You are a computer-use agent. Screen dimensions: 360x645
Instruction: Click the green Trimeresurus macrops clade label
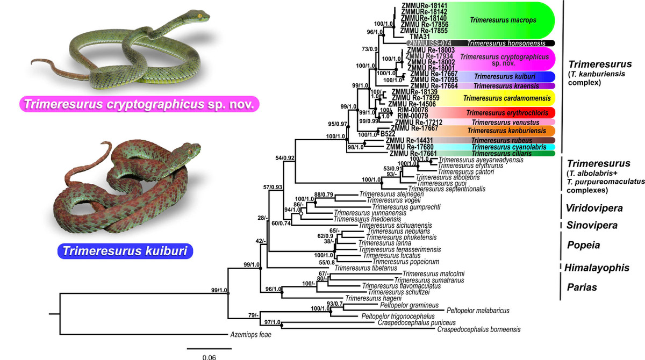coord(496,20)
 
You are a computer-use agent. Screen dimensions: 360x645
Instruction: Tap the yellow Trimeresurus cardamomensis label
coord(501,98)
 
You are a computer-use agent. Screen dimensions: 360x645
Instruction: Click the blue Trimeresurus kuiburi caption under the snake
coord(126,251)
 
